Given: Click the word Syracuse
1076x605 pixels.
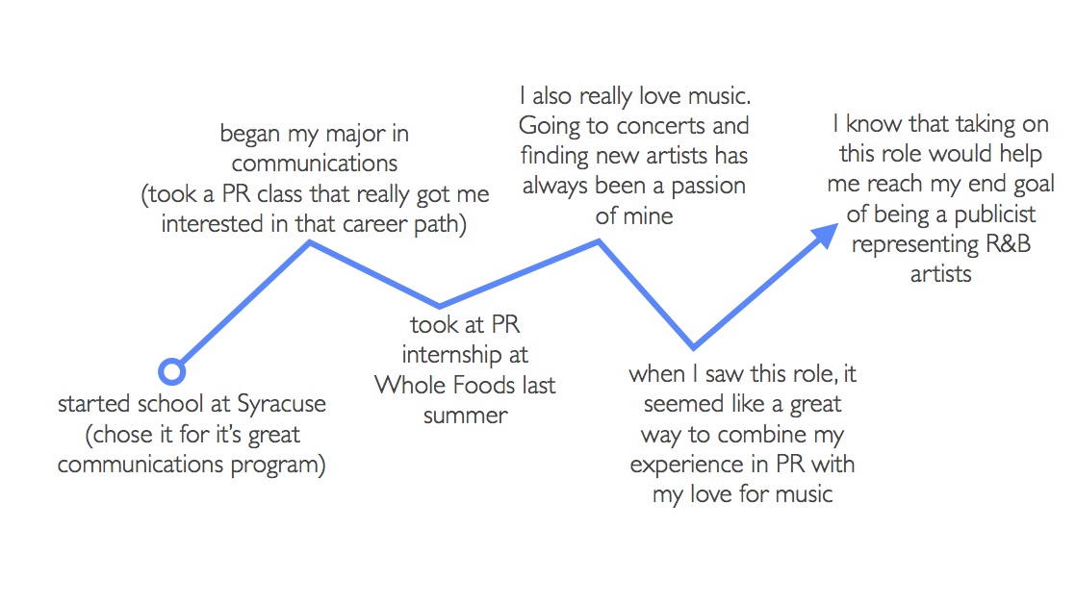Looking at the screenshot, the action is click(x=281, y=404).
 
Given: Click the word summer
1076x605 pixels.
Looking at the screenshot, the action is click(x=465, y=416).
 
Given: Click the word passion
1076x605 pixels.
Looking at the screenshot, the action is click(x=708, y=186).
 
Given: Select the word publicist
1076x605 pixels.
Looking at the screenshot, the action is click(x=995, y=214).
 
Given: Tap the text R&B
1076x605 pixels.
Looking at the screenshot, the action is click(x=1008, y=244).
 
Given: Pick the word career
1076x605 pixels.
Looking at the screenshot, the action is click(x=375, y=224).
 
